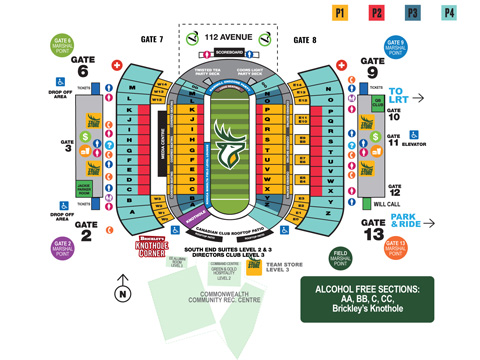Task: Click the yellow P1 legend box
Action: click(x=340, y=13)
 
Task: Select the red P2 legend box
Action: click(x=378, y=13)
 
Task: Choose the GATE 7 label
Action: click(x=152, y=39)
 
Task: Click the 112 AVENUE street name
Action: click(x=225, y=38)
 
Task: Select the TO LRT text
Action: click(x=403, y=92)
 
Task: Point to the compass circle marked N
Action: click(x=122, y=293)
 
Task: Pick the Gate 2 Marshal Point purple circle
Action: click(x=62, y=246)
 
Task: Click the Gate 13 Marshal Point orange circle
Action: click(x=395, y=246)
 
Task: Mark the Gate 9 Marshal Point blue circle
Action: click(x=396, y=46)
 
